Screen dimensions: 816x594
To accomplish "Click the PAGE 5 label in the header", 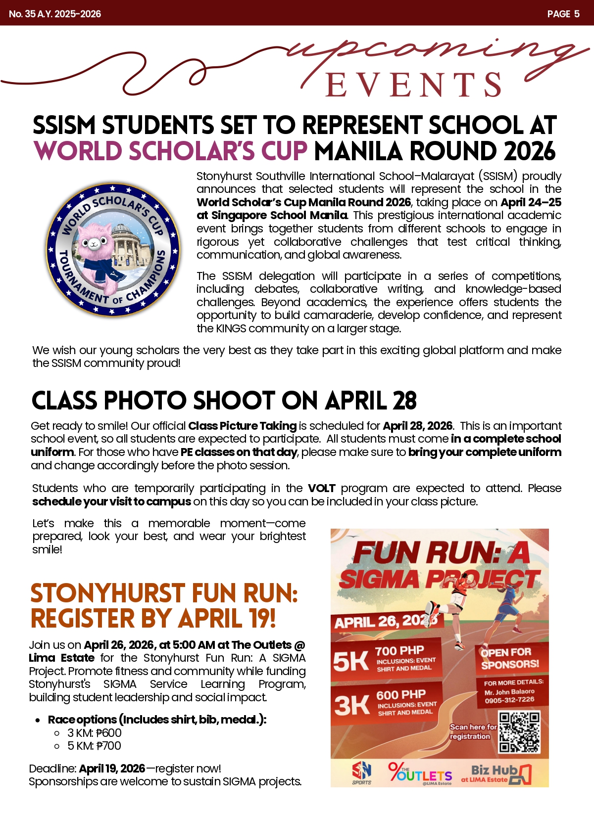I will [x=563, y=14].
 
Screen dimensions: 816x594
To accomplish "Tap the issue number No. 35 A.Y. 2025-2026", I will [x=55, y=14].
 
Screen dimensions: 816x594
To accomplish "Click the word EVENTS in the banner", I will [x=414, y=85].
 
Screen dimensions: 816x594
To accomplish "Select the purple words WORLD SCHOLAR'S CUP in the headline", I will [x=171, y=151].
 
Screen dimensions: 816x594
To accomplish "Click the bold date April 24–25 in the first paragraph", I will [x=531, y=202].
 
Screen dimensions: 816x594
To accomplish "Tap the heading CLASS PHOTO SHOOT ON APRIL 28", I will [x=224, y=401].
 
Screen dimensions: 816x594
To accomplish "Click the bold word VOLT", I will [x=321, y=488].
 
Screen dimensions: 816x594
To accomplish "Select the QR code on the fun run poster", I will [x=519, y=732].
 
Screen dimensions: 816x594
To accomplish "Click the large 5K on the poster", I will [x=350, y=661].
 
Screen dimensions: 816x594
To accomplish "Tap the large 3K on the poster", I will [x=351, y=705].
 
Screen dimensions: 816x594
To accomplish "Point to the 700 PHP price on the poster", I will [x=399, y=650].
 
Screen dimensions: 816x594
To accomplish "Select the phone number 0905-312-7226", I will [x=509, y=700].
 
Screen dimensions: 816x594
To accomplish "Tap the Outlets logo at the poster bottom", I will [x=420, y=773].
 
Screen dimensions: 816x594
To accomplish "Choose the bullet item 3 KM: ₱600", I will [x=94, y=733].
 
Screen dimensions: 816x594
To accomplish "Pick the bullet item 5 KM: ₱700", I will [x=94, y=746].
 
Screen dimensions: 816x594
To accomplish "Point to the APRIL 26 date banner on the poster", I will [x=386, y=621].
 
